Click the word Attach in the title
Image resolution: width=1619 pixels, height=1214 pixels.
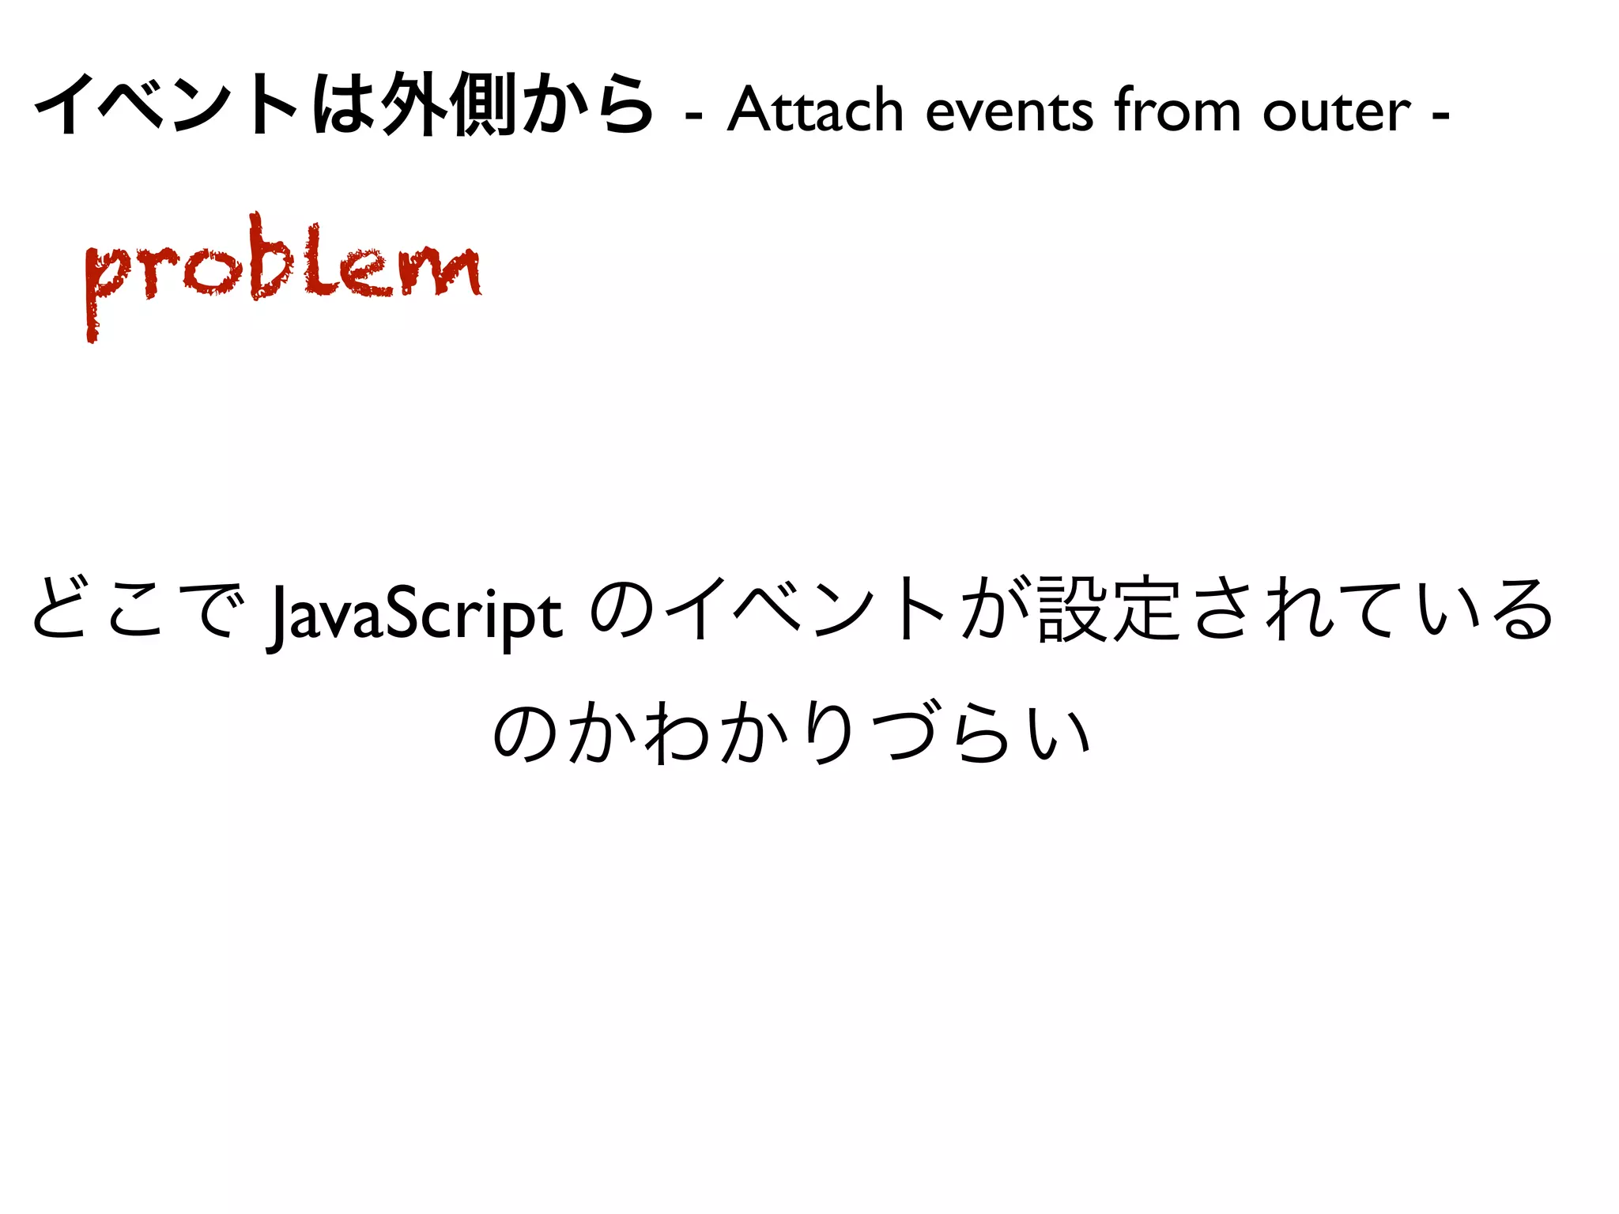[x=814, y=111]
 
